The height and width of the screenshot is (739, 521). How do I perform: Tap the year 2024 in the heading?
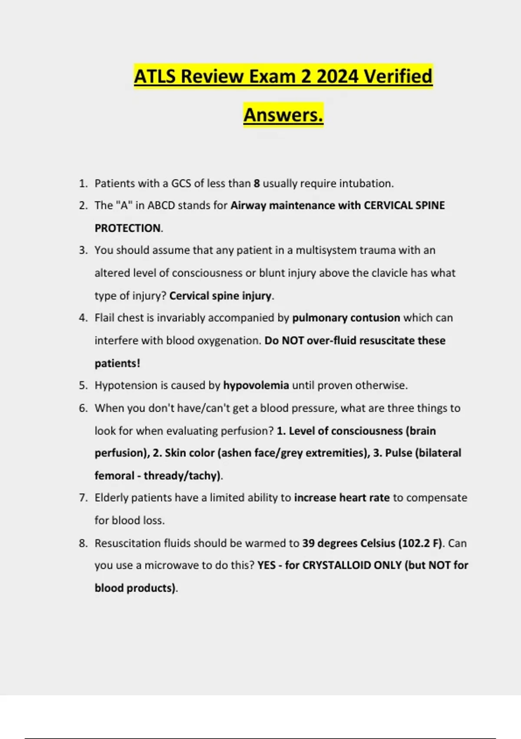[337, 77]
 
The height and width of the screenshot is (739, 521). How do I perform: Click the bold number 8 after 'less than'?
[257, 183]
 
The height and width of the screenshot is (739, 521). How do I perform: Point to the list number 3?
[83, 250]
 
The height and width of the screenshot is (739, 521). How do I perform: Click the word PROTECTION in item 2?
[128, 228]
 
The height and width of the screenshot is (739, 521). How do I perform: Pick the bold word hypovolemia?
[256, 385]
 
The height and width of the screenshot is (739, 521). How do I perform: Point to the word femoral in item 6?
[114, 476]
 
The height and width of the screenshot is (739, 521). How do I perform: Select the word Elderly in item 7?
[111, 498]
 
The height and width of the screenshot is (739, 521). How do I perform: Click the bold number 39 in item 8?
[308, 543]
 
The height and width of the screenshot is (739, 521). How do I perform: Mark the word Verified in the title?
[398, 77]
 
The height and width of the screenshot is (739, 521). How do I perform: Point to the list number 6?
[83, 408]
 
